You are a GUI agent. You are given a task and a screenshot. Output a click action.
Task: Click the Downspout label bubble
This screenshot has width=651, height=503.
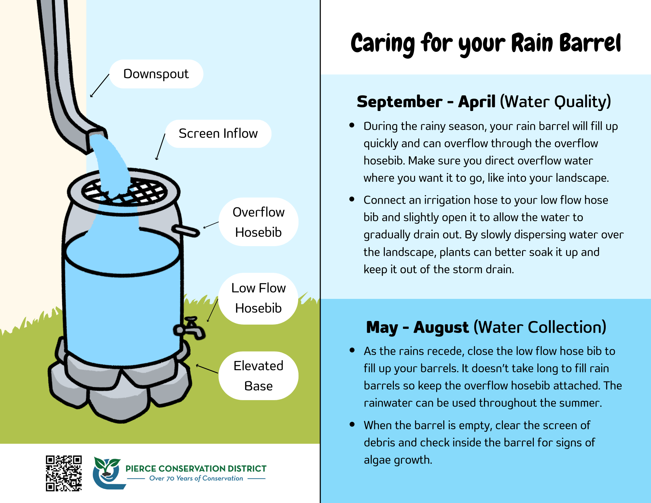[156, 74]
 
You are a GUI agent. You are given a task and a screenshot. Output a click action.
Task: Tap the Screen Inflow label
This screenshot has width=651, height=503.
[218, 133]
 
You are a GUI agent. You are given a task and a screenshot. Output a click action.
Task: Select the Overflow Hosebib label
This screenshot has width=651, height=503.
[258, 222]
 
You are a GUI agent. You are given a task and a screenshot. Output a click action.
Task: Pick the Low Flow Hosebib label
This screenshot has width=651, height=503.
[258, 298]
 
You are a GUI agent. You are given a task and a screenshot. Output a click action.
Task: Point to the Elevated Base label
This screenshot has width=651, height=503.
[258, 376]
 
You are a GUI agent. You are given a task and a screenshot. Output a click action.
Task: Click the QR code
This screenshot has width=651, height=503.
[64, 473]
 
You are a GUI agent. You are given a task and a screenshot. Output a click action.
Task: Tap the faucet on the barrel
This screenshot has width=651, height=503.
[190, 328]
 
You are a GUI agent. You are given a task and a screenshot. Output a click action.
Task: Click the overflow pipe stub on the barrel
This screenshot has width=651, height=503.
[186, 231]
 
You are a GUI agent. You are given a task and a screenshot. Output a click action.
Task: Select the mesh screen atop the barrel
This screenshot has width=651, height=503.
[124, 191]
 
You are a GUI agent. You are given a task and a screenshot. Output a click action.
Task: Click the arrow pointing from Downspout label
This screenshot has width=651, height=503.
[100, 86]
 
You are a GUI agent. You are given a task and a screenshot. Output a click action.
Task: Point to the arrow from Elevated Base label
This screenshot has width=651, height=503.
[207, 369]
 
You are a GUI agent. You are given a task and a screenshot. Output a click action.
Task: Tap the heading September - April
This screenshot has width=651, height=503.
[426, 102]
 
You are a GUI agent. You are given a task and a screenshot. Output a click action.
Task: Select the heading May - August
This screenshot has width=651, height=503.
[417, 327]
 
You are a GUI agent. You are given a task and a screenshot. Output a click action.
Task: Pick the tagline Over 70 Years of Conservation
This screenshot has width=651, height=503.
[196, 478]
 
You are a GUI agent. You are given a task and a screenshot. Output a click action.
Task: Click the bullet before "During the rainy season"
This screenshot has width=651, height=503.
[352, 125]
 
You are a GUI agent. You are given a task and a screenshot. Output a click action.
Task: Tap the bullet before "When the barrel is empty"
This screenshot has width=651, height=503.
[352, 424]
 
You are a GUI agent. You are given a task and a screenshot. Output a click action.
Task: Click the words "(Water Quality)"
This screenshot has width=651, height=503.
[555, 102]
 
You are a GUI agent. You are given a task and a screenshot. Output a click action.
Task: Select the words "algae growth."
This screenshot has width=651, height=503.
[398, 460]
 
